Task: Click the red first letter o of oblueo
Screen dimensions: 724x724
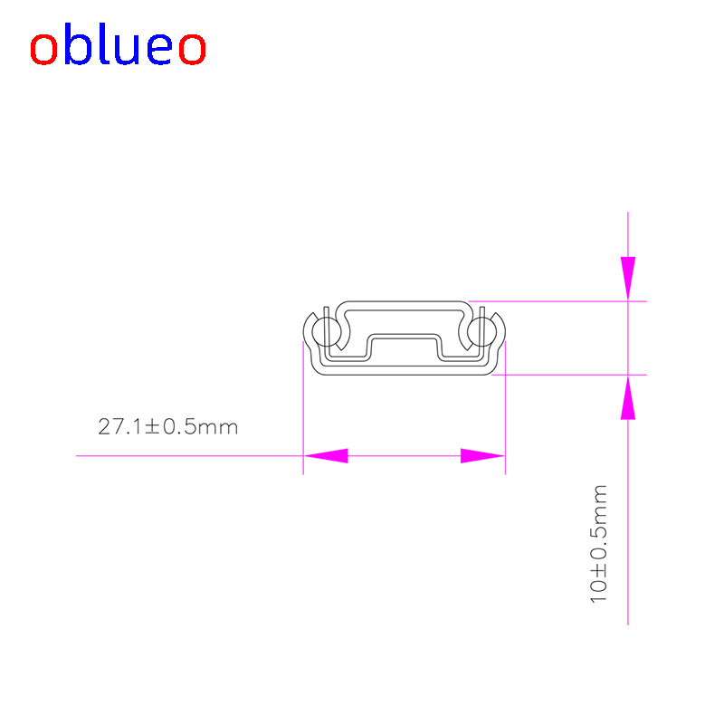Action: click(43, 49)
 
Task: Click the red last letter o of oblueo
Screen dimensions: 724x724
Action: click(192, 49)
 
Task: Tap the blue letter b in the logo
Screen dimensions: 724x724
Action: click(78, 43)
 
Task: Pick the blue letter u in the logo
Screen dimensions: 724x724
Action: click(127, 50)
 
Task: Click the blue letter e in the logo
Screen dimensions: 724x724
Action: click(160, 49)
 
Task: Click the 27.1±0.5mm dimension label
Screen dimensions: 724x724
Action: click(168, 426)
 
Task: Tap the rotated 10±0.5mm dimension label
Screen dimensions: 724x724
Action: click(598, 544)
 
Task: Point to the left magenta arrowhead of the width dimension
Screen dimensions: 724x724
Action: click(326, 456)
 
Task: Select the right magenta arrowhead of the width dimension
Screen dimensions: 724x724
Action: click(482, 456)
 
